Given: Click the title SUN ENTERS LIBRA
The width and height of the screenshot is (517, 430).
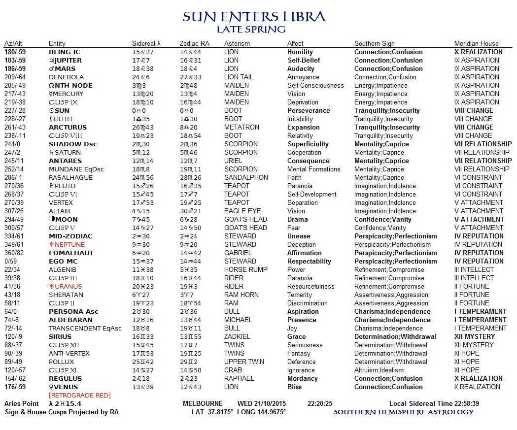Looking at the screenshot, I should pos(254,17).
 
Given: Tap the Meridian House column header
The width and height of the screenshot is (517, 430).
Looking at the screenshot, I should pos(476,43).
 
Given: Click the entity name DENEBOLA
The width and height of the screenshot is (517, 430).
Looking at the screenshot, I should pos(66,77).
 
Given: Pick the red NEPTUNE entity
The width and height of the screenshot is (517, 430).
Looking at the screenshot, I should pos(67,244).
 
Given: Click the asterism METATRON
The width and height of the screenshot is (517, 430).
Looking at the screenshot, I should pos(241,127).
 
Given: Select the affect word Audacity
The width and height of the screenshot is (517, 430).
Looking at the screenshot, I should pos(301,69).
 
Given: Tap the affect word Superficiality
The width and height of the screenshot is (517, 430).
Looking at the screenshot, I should pos(308,144).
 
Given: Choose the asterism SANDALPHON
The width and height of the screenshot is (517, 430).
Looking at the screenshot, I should pos(246,177).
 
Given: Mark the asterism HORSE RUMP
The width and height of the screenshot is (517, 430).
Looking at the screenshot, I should pos(245,269).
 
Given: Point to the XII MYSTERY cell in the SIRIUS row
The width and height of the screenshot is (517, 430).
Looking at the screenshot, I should pos(474,336).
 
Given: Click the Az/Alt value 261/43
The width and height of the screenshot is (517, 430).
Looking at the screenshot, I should pos(15,127).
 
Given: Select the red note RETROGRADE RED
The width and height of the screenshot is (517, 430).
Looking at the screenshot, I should pos(79,395).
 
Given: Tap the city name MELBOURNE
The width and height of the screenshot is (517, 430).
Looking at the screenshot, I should pos(203,403).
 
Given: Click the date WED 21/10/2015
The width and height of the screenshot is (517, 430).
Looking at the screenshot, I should pos(264,403).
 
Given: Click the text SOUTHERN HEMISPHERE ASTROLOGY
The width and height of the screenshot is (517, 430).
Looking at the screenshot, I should pos(403,412).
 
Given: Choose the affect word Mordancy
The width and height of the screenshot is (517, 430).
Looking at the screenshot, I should pos(302,378).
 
